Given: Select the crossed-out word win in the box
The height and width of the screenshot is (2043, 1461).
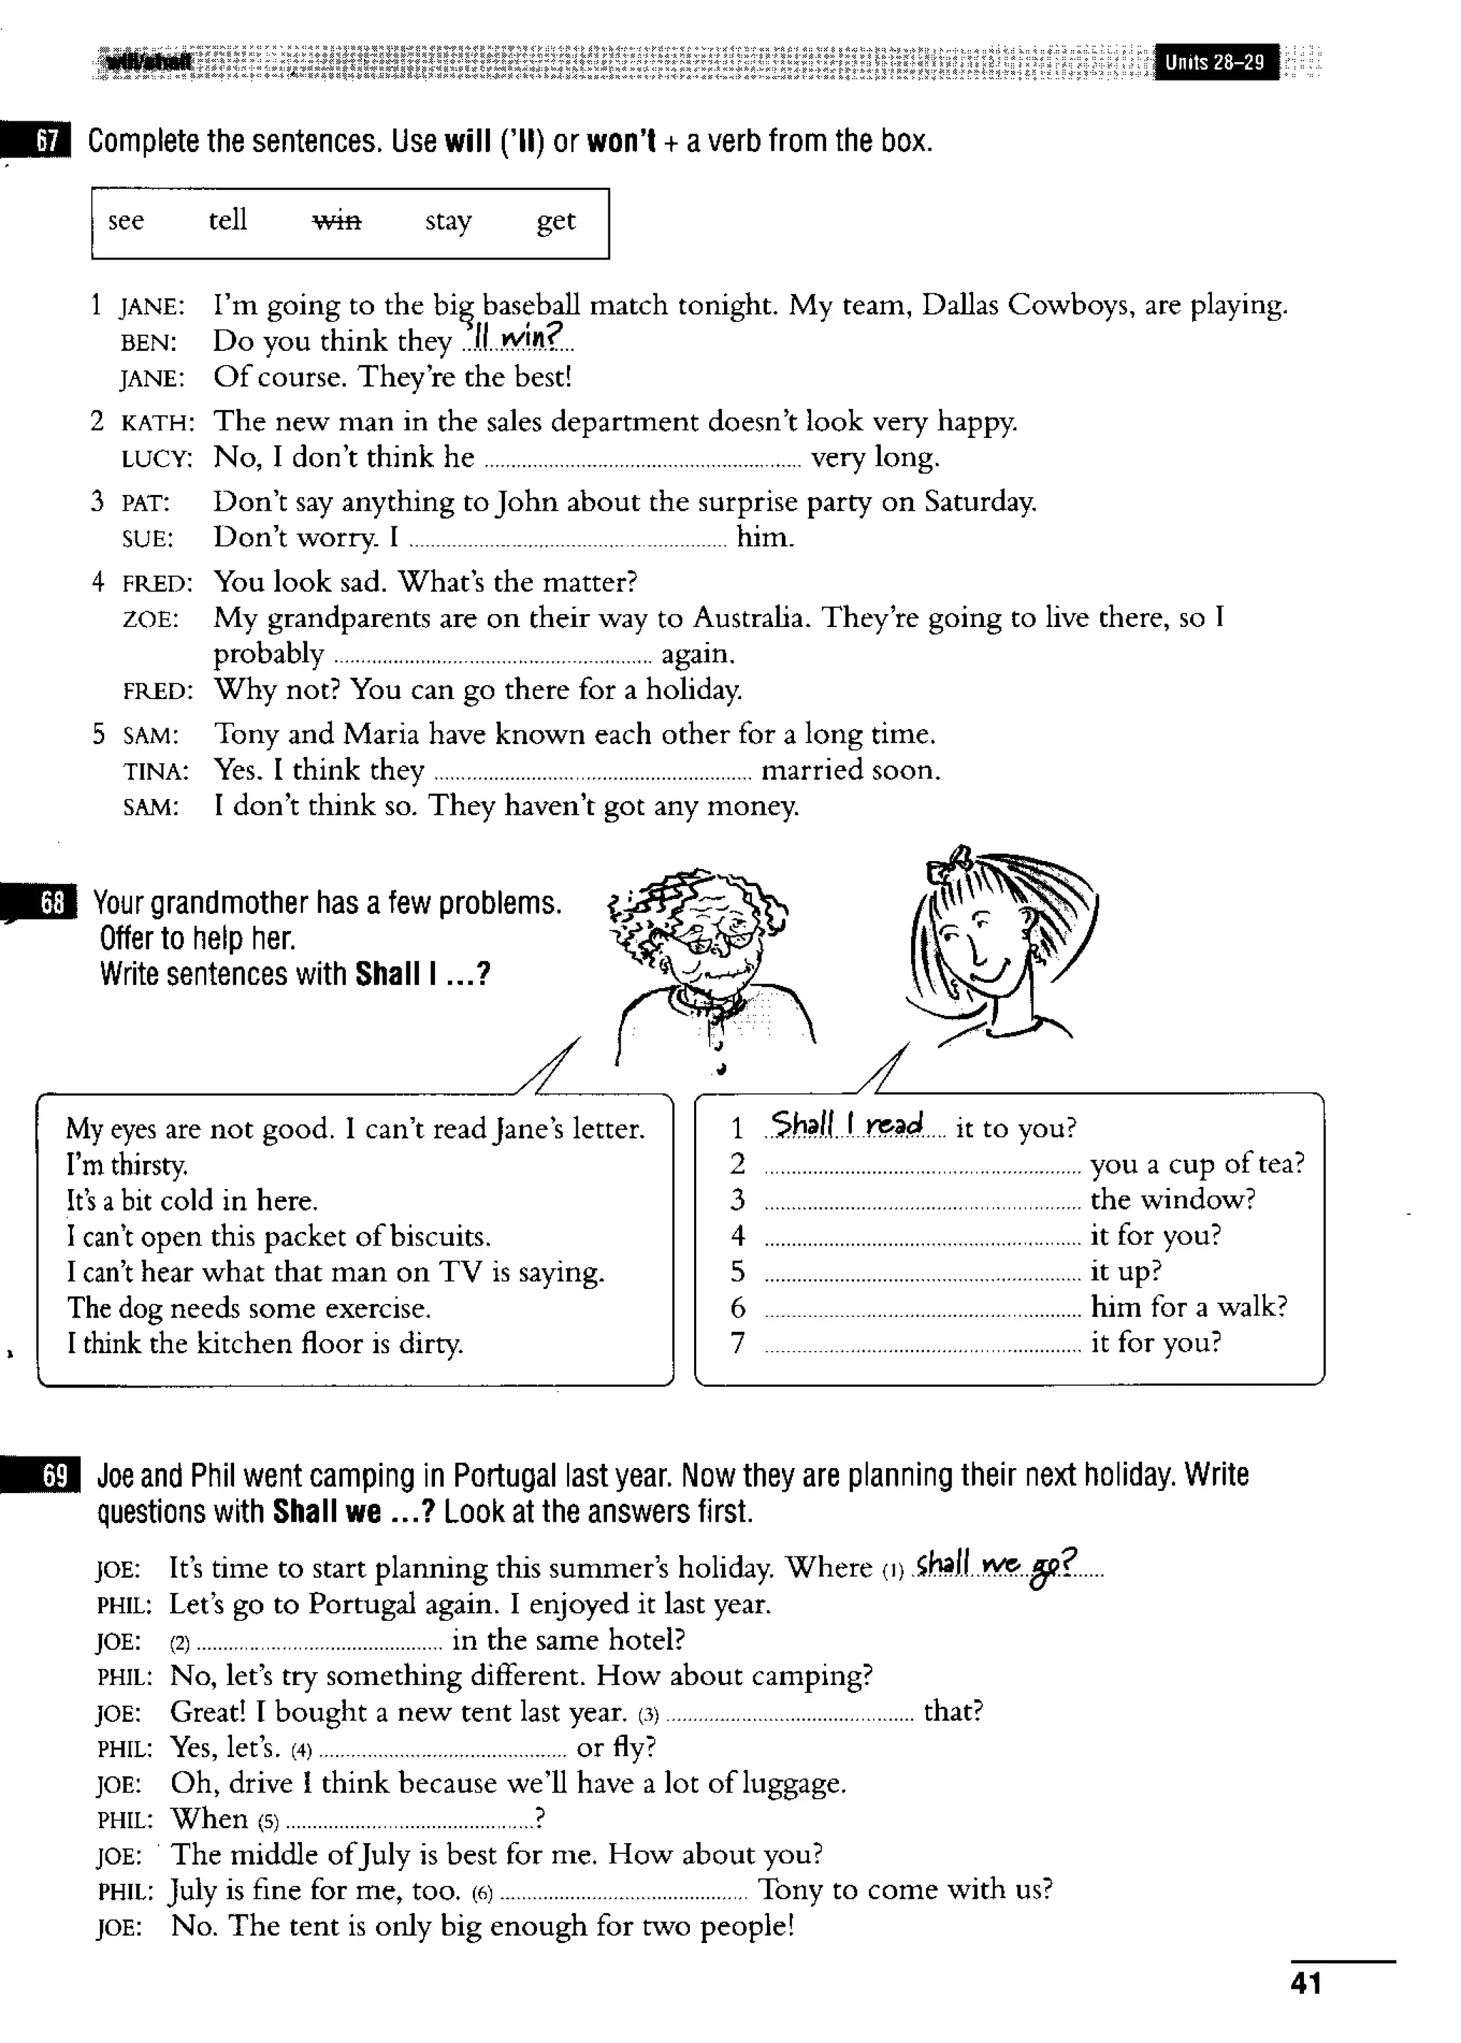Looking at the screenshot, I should click(x=337, y=220).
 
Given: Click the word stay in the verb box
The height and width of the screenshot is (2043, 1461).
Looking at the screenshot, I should click(x=448, y=220).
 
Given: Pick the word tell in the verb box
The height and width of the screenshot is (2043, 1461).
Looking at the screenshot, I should click(x=227, y=220).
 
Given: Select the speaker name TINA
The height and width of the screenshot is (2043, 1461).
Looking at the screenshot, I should click(x=156, y=772).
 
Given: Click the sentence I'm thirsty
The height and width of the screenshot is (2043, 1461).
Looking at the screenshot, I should click(x=127, y=1165).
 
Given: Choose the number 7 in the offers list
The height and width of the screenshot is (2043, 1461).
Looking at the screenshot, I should click(x=738, y=1343).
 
